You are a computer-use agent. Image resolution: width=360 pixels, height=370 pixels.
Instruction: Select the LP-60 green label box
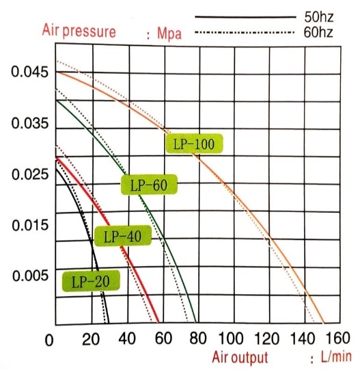(148, 185)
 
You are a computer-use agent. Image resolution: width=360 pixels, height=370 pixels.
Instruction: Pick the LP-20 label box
(91, 280)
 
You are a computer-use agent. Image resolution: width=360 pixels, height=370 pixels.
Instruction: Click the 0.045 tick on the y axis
(25, 73)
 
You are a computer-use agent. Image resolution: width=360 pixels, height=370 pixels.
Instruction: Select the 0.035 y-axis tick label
(25, 124)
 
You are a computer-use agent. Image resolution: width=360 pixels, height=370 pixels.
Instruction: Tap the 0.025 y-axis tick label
(25, 174)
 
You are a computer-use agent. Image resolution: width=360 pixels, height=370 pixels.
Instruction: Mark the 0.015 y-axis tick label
(25, 225)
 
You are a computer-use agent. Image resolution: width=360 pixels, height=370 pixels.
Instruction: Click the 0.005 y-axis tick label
(25, 276)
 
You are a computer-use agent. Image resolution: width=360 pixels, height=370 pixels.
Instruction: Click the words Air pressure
(79, 31)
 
